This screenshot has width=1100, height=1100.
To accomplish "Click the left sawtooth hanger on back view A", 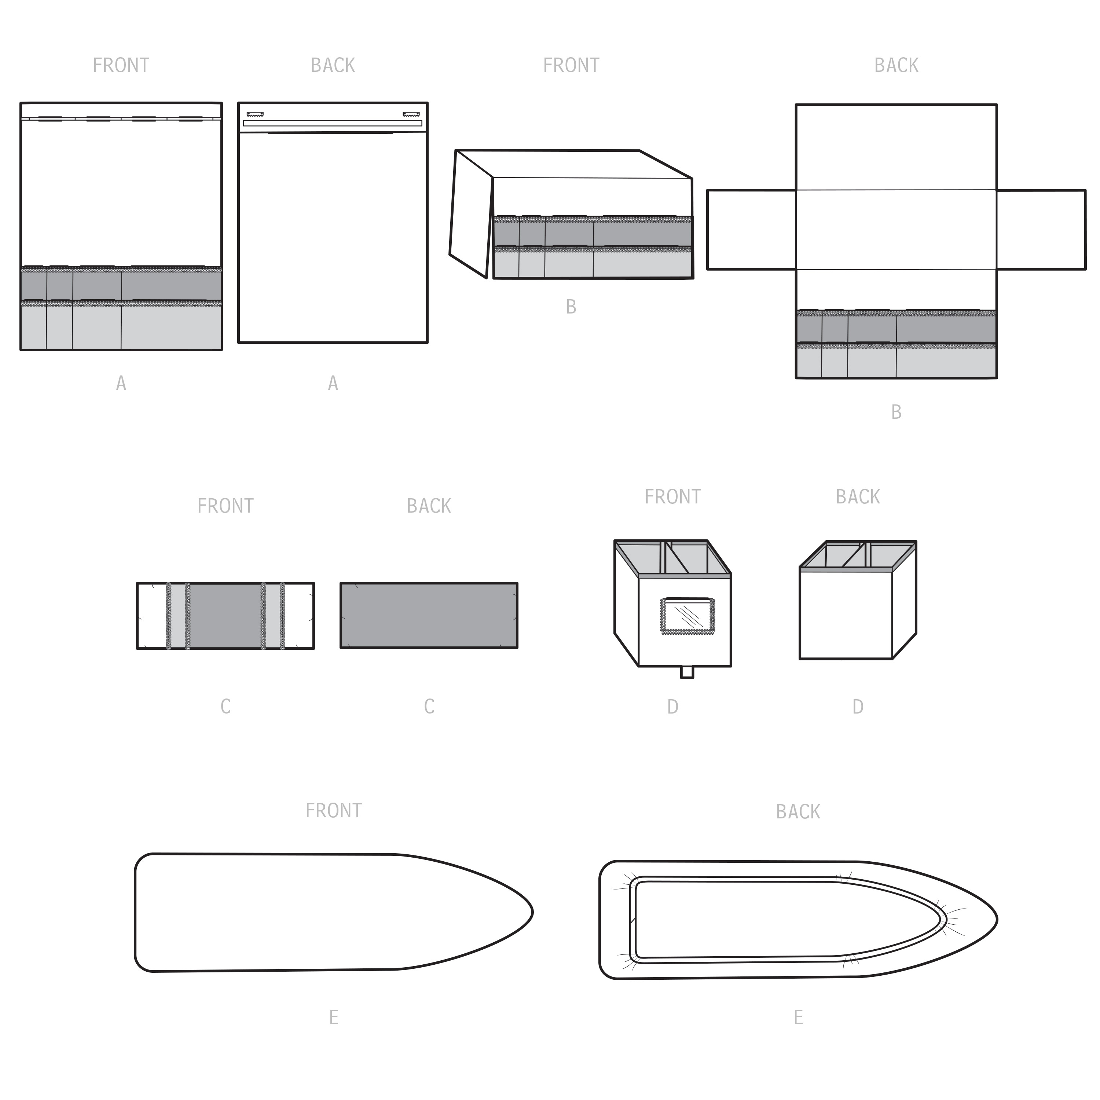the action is click(x=255, y=114).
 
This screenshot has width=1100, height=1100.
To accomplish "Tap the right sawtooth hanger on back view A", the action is click(x=411, y=114).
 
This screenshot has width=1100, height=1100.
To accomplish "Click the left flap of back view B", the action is click(x=752, y=230).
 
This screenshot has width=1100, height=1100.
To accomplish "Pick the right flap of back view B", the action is click(x=1041, y=230).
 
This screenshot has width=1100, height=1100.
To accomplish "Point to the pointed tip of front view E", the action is click(x=532, y=913).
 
